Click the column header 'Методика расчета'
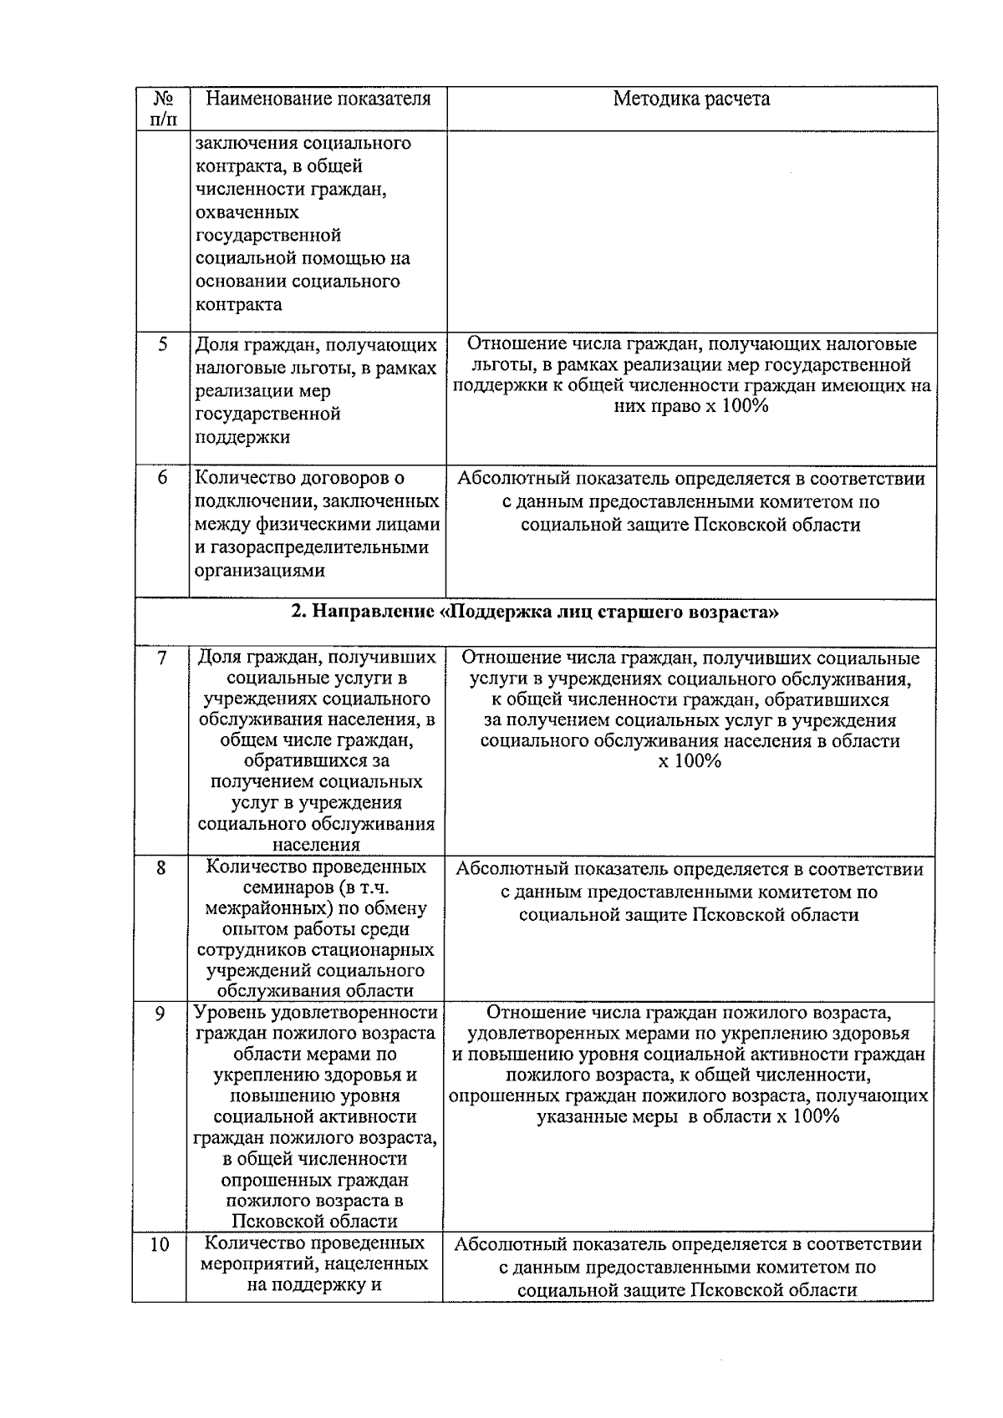691,99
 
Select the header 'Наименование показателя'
318,99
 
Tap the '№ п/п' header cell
163,108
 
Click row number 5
163,343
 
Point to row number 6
163,478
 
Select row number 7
162,658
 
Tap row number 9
160,1014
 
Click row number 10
160,1245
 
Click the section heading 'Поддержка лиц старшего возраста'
535,612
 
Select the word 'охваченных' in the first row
247,212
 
